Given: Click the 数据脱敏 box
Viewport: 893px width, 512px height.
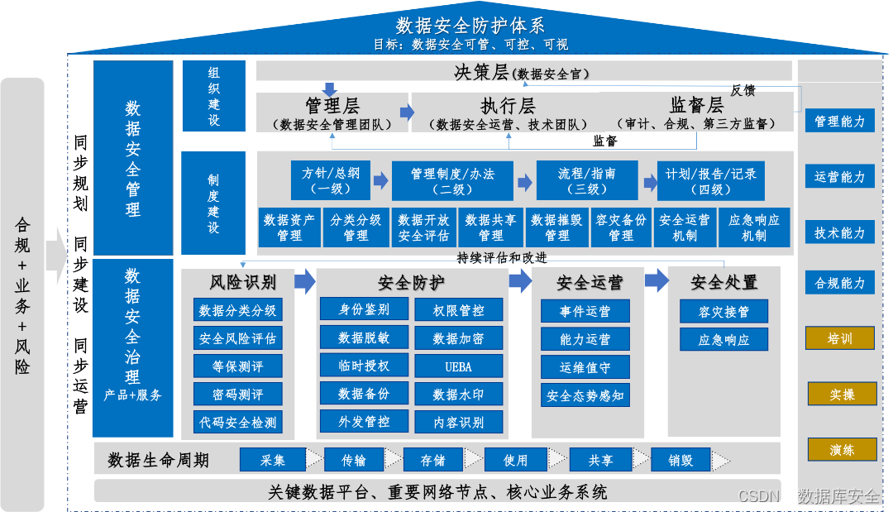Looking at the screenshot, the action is coord(364,337).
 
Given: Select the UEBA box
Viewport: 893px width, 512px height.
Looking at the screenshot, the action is coord(458,366).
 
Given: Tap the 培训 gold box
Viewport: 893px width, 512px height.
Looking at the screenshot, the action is coord(840,337).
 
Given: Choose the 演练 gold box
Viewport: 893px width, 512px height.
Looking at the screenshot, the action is coord(842,449).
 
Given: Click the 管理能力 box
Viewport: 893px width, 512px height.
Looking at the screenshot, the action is coord(840,121).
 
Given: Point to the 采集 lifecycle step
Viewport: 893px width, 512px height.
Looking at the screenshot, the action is coord(273,460).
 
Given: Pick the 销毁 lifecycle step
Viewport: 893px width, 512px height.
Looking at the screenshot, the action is coord(680,460).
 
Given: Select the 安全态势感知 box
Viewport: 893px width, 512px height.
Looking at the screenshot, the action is coord(585,395).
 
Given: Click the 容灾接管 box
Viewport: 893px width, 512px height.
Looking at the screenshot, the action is coord(723,312).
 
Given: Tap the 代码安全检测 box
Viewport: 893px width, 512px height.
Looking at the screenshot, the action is coord(238,422).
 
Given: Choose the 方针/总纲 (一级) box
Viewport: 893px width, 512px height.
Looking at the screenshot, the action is coord(331,180).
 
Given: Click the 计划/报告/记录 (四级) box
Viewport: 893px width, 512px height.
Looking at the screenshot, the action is coord(711,180).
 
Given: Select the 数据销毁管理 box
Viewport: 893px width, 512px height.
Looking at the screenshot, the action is coord(557,227).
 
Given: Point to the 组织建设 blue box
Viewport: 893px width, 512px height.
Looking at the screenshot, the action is coord(214,96).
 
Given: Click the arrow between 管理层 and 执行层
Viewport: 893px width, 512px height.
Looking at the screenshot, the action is coord(407,112).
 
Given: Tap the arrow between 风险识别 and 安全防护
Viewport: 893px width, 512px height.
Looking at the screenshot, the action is coord(305,281).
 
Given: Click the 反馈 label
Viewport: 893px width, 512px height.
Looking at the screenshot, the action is coord(743,90).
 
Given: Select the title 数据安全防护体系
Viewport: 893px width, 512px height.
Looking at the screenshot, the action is coord(470,26).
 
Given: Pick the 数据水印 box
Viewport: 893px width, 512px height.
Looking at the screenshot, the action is coord(458,394).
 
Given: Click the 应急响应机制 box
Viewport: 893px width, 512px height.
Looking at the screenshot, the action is coord(755,227).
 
